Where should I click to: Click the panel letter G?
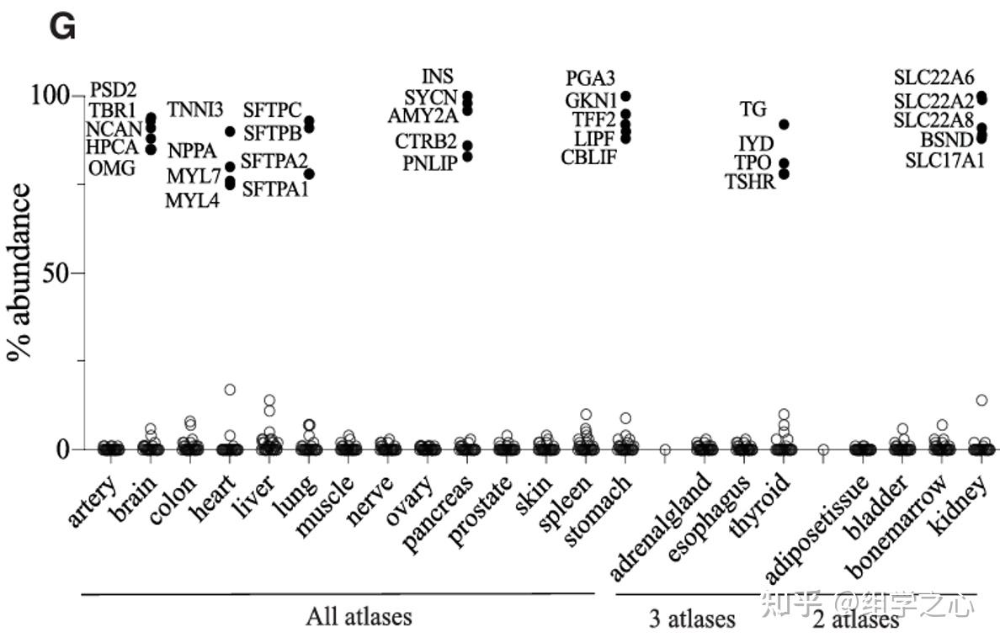tap(63, 27)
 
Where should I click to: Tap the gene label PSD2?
tap(114, 89)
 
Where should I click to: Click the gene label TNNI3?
tap(195, 109)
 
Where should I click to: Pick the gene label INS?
tap(438, 77)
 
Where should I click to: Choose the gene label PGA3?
tap(590, 79)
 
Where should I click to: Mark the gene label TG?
tap(753, 109)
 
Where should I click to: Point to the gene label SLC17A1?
tap(944, 159)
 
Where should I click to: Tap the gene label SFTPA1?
tap(275, 189)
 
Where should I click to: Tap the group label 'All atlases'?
tap(359, 617)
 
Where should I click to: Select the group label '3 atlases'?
tap(692, 620)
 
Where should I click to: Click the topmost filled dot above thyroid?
tap(784, 124)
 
